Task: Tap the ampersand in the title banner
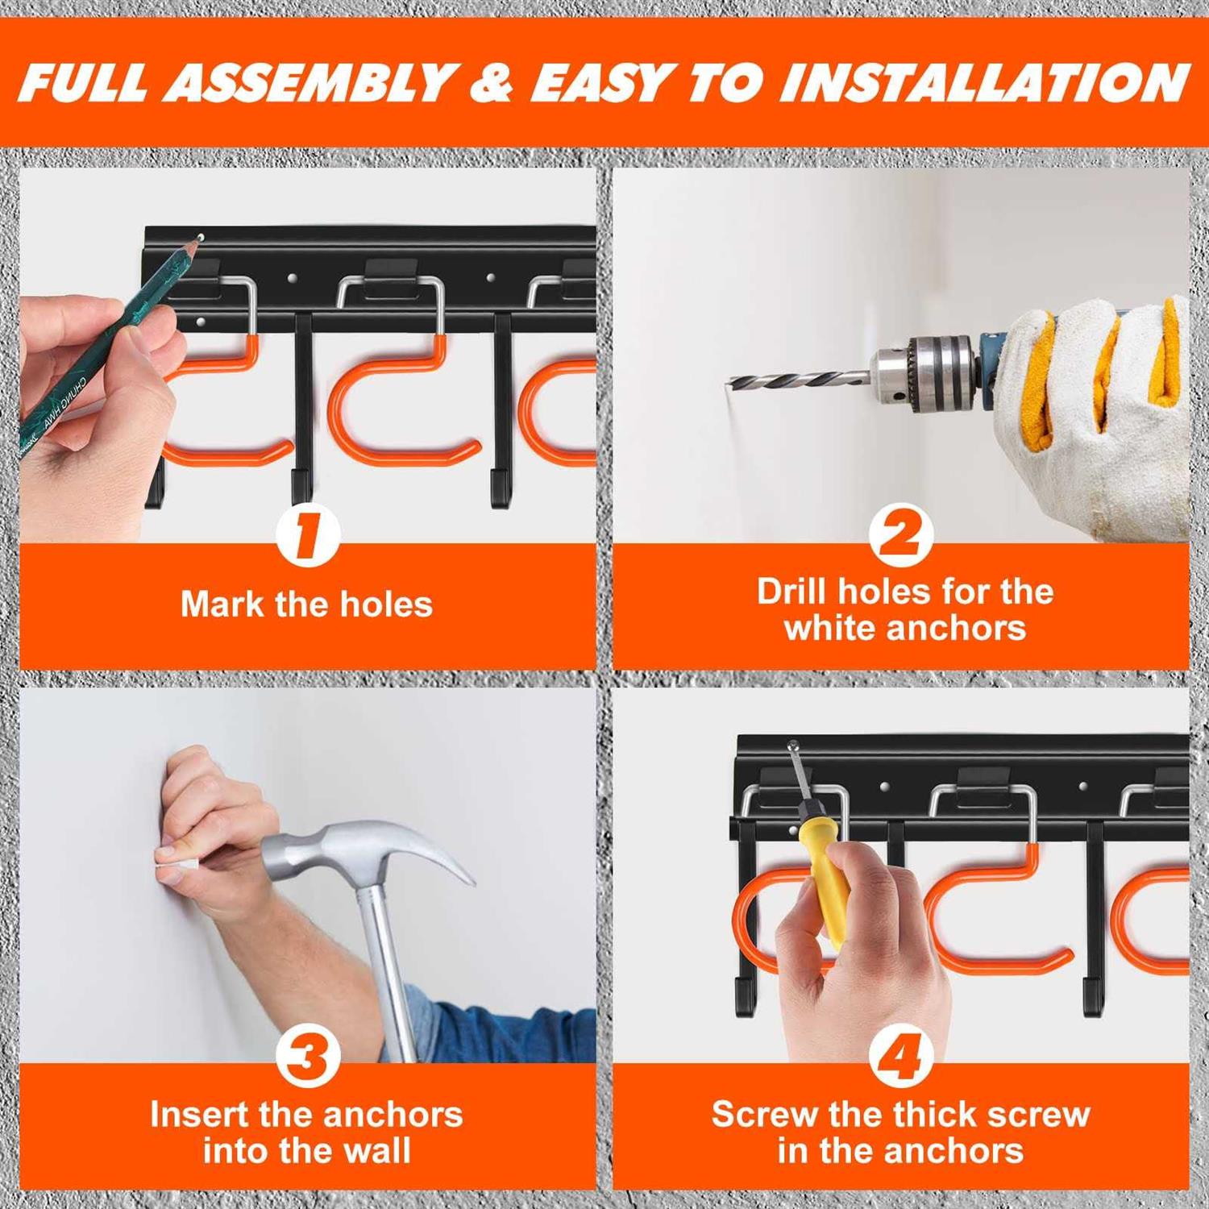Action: (x=492, y=82)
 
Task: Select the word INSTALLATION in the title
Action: (x=983, y=82)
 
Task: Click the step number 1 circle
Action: (x=307, y=535)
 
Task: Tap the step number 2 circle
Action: (x=901, y=535)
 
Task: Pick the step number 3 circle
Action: (x=307, y=1055)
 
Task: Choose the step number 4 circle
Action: (x=901, y=1055)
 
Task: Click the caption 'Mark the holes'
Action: (x=306, y=604)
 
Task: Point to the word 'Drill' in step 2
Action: (x=792, y=592)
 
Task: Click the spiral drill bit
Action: (x=798, y=379)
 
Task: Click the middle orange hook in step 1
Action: (x=387, y=403)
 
